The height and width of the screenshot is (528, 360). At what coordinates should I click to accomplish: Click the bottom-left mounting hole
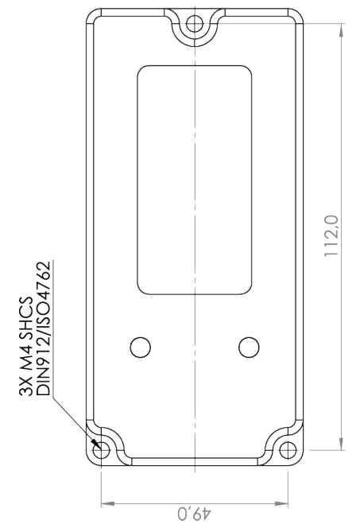point(102,451)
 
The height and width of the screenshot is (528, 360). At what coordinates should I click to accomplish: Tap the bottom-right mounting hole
point(288,451)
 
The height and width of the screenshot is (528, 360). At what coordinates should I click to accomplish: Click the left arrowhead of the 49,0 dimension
point(106,503)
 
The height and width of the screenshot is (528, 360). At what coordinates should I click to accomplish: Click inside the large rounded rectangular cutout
point(195,179)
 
